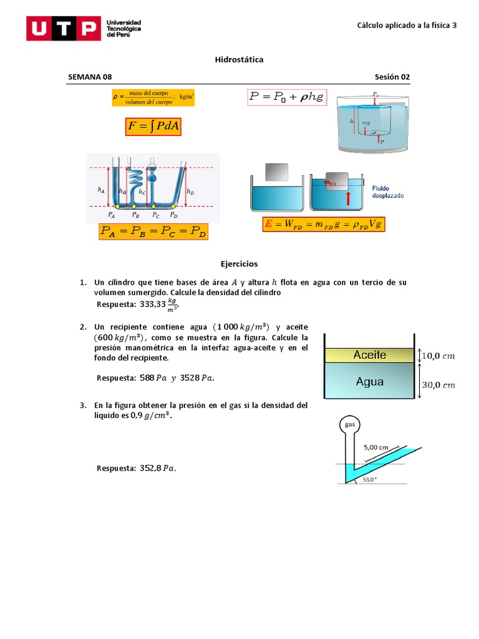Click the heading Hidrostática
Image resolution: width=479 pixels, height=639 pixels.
(x=239, y=60)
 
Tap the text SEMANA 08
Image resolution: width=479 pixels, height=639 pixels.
(x=90, y=77)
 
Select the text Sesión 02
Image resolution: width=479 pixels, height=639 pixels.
(x=392, y=77)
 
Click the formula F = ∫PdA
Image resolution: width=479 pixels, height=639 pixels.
(x=153, y=127)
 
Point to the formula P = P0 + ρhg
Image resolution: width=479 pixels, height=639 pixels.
(x=287, y=97)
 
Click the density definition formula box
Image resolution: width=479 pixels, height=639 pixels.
(x=153, y=98)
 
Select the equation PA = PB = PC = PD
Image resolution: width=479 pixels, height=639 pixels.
(x=153, y=232)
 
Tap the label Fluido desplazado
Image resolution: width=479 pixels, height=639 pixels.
(x=388, y=192)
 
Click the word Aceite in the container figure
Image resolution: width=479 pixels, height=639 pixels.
(x=370, y=355)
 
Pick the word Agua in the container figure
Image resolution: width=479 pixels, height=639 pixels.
(x=370, y=381)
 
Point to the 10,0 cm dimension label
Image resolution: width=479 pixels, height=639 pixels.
(x=439, y=356)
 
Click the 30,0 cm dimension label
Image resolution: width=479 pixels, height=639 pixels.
(x=439, y=385)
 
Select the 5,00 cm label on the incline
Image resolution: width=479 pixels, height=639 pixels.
(x=376, y=447)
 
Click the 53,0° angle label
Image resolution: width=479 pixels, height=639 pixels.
(x=369, y=479)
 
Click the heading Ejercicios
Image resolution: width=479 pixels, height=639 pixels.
(x=239, y=264)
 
